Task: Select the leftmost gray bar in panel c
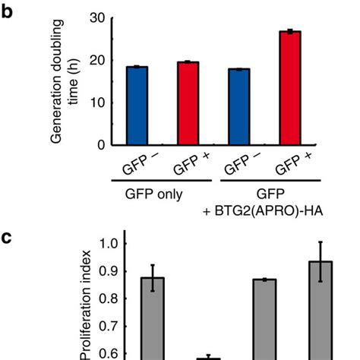point(153,318)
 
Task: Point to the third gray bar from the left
point(264,319)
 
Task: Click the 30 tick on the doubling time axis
point(96,17)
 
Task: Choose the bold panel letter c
point(10,237)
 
